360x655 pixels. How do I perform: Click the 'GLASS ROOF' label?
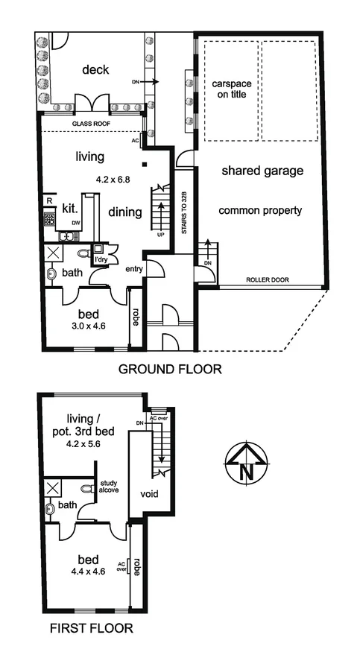(91, 125)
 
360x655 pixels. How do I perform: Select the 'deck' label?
(95, 70)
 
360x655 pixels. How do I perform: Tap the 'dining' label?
(124, 212)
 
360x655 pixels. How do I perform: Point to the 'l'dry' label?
(100, 262)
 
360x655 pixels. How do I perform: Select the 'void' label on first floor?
(150, 494)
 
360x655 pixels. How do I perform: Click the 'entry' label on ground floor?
(134, 269)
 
